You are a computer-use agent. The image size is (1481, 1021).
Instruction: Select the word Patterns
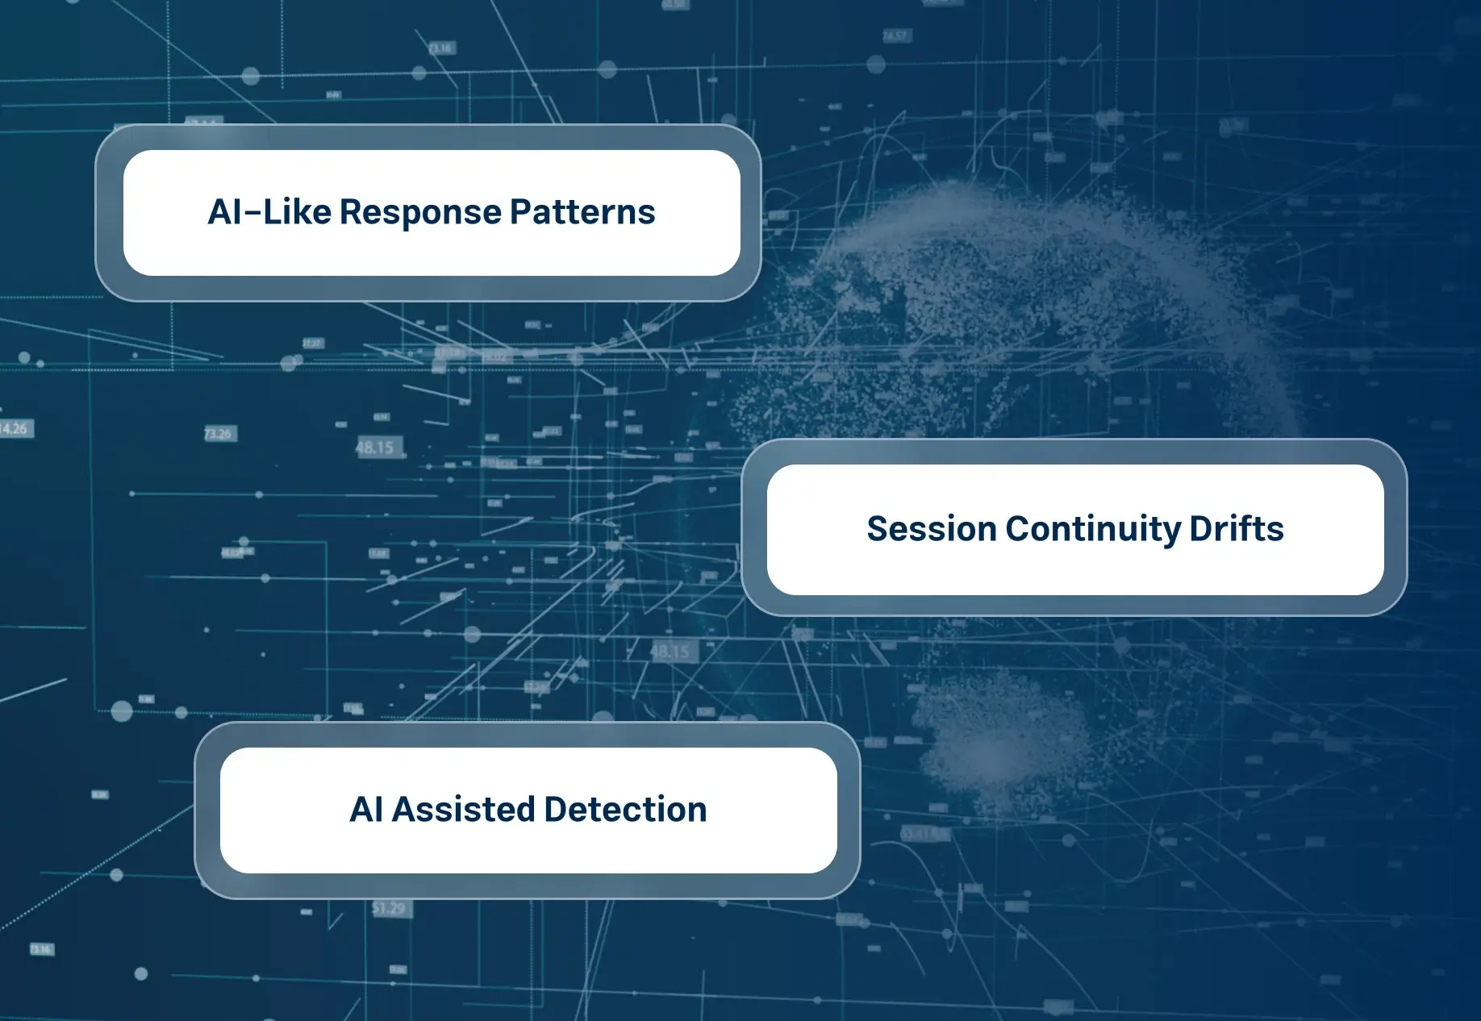(582, 213)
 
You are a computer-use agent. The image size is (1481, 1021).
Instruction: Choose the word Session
(931, 529)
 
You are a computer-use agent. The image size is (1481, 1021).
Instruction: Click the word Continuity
(1093, 529)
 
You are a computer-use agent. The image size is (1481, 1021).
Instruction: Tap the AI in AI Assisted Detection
(366, 810)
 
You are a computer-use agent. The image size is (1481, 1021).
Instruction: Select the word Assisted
(463, 810)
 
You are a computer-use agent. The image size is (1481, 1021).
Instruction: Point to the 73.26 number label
(218, 434)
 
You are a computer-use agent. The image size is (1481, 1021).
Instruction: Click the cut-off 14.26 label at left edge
(15, 428)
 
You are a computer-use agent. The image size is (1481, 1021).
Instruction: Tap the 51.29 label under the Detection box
(390, 909)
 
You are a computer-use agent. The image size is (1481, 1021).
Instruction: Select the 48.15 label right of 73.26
(375, 448)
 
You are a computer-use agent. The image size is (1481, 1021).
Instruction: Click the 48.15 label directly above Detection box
(670, 652)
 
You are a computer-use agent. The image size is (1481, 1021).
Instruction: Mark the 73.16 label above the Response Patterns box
(440, 48)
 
